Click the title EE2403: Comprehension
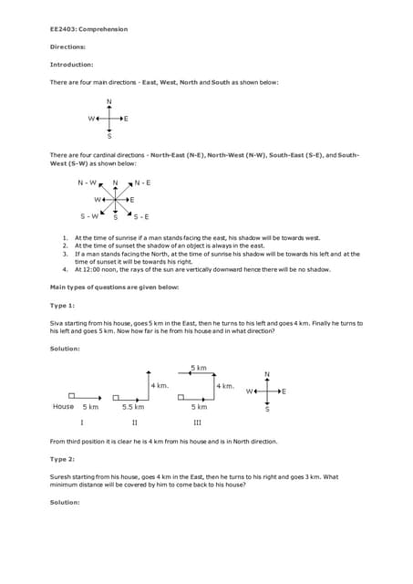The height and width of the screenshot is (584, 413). tap(88, 29)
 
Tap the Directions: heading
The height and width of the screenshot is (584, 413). tap(67, 47)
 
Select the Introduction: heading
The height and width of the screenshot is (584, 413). tap(71, 65)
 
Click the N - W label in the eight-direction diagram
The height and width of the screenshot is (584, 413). tap(88, 182)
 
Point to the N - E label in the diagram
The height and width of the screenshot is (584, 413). tap(141, 182)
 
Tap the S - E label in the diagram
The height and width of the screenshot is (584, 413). tap(141, 216)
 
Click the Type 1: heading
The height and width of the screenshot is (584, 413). tap(62, 305)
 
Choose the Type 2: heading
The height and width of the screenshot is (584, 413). tap(62, 459)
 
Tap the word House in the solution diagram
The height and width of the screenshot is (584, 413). tap(63, 406)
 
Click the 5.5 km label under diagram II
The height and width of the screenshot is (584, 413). tap(133, 406)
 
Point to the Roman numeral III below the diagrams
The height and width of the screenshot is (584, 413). tap(197, 423)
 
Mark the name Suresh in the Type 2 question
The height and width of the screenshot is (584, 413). tap(60, 476)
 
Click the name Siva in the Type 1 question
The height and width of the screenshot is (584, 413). tap(57, 322)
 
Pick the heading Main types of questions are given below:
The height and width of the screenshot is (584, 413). tap(114, 287)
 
